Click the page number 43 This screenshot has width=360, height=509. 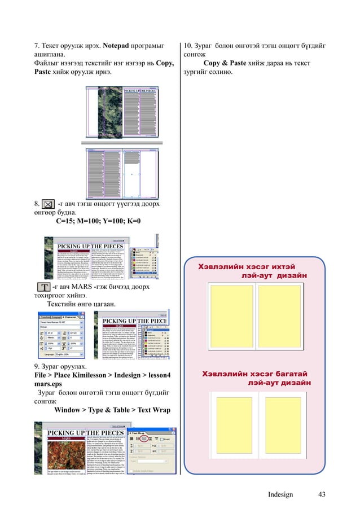pos(322,495)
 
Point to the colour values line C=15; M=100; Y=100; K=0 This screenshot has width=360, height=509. pos(98,222)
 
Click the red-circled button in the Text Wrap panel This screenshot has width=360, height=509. pos(144,438)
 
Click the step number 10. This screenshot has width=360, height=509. pos(189,45)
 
